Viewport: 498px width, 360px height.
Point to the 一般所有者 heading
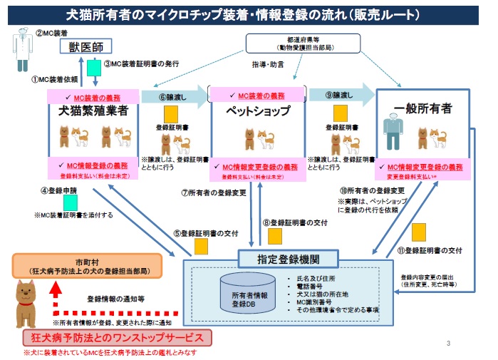[423, 109]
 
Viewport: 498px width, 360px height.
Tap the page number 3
[448, 344]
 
